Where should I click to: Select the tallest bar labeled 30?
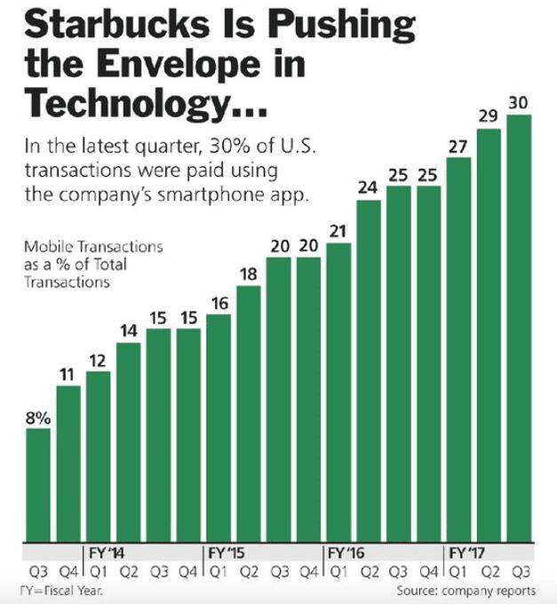coord(518,329)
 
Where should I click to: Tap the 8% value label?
coord(37,417)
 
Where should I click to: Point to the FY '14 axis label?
coord(107,552)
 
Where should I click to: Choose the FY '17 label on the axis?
coord(468,552)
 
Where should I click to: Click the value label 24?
coord(368,188)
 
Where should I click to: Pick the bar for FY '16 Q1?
coord(338,392)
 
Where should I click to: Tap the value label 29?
coord(488,116)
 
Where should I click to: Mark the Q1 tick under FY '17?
coord(458,570)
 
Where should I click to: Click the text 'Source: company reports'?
coord(465,591)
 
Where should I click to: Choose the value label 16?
coord(218,304)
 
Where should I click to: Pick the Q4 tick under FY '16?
coord(427,570)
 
